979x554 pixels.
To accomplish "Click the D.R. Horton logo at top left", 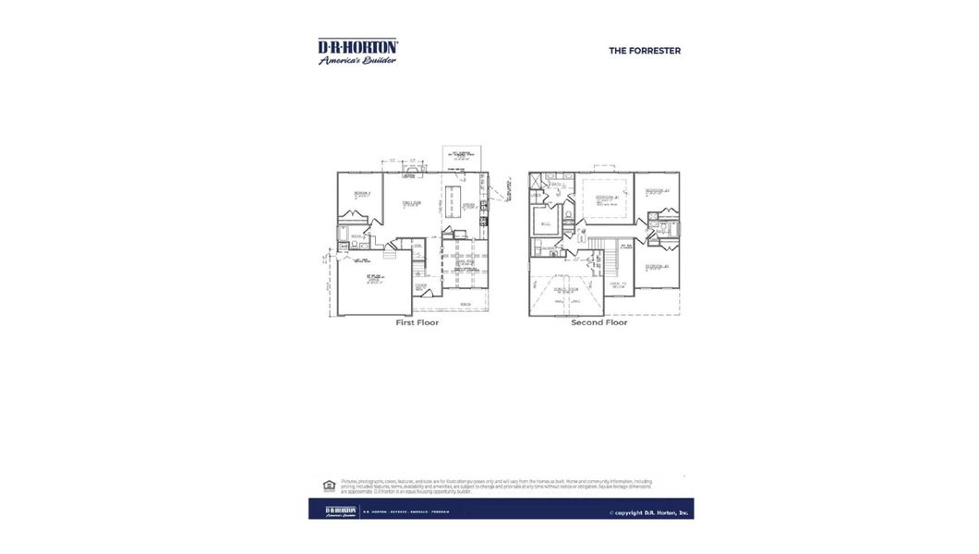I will tap(357, 51).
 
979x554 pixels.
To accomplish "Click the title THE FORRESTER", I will tap(644, 51).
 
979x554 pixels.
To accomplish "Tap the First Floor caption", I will tap(417, 323).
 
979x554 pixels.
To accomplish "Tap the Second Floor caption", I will tap(598, 323).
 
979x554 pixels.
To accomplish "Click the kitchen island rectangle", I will tap(453, 200).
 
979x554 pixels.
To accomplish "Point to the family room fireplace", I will tap(408, 173).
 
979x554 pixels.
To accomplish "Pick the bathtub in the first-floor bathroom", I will tap(344, 247).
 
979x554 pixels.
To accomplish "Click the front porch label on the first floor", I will tap(465, 304).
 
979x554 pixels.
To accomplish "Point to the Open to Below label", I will tap(617, 286).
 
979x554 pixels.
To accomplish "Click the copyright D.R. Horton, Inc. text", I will tap(648, 512).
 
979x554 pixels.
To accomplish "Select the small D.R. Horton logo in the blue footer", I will tap(341, 511).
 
